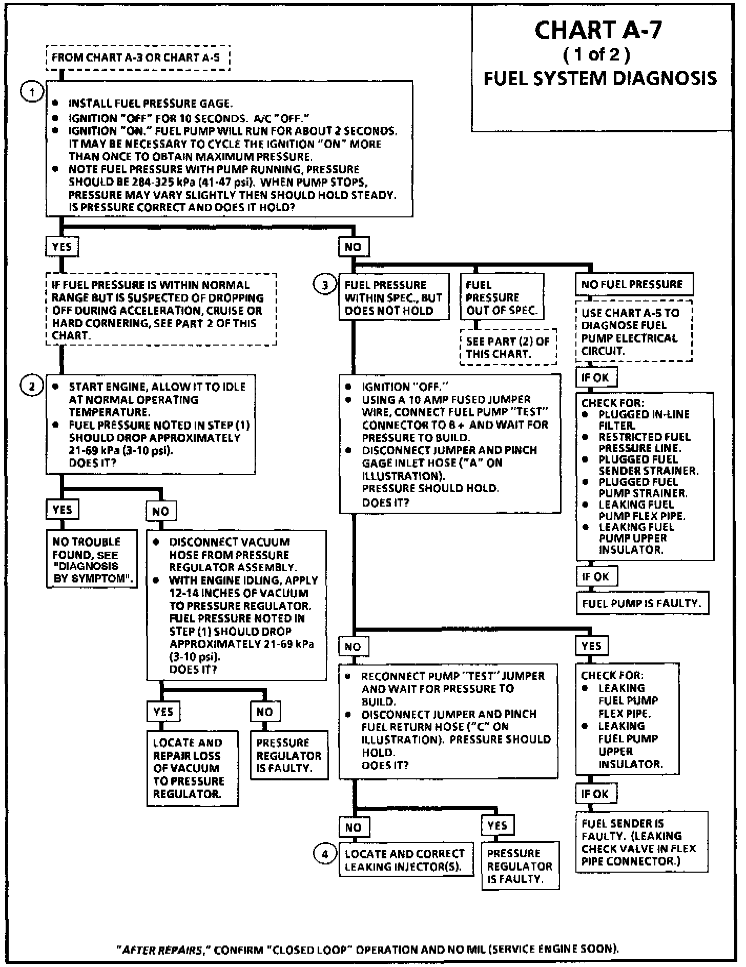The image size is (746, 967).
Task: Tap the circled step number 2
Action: click(x=32, y=386)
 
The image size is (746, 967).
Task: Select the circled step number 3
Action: click(x=324, y=285)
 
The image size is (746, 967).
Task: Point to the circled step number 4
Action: click(x=324, y=854)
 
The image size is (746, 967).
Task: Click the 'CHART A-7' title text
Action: click(x=598, y=30)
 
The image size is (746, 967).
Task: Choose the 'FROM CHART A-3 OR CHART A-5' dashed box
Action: click(x=137, y=57)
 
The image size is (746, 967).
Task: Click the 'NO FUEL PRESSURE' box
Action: click(x=634, y=284)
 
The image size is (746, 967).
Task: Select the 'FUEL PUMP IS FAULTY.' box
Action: click(x=642, y=603)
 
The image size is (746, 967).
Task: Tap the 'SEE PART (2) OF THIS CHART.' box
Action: click(x=508, y=347)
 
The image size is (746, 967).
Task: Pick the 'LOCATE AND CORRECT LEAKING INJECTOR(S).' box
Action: click(x=406, y=860)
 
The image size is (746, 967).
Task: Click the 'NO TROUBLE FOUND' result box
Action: click(x=92, y=559)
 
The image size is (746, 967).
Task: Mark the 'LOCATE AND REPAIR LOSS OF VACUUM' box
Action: click(x=192, y=768)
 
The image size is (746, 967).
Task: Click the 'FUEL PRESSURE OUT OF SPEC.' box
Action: click(x=501, y=297)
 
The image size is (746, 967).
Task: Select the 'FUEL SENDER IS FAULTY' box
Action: click(x=641, y=842)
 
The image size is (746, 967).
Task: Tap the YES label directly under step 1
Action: click(x=62, y=247)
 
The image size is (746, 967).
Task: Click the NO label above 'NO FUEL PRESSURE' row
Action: click(x=353, y=247)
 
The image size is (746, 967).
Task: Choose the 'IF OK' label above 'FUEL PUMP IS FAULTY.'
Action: click(x=596, y=576)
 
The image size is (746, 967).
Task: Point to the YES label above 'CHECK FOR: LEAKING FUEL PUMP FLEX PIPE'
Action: click(x=592, y=646)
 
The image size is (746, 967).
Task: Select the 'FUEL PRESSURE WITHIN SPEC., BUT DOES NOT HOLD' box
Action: click(x=393, y=297)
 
